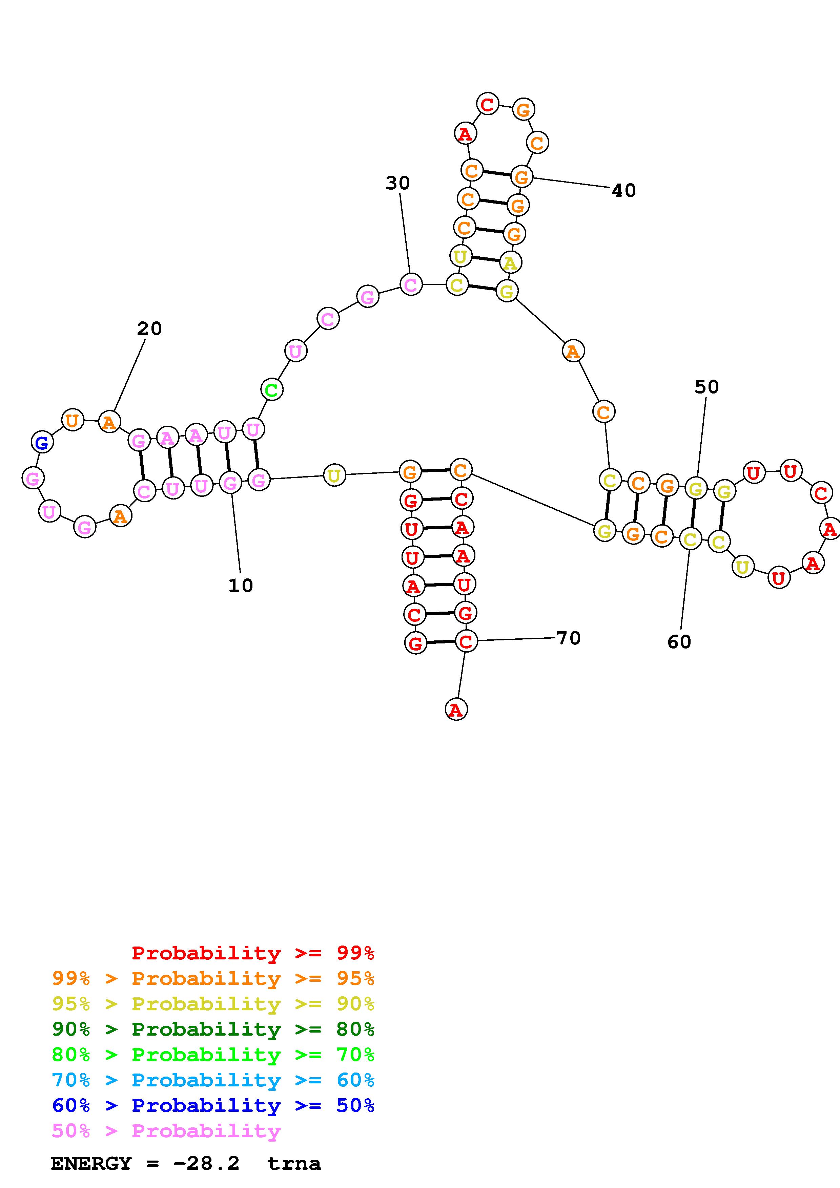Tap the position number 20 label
[x=149, y=328]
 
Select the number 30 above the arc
[x=397, y=183]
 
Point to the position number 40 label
[x=624, y=190]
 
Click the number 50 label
[x=706, y=387]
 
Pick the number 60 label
[x=679, y=642]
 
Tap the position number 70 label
[x=568, y=638]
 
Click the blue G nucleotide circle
[x=42, y=442]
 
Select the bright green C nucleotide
[x=271, y=389]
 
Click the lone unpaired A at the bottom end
[x=456, y=709]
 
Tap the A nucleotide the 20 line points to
[x=109, y=422]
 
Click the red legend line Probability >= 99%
[x=253, y=953]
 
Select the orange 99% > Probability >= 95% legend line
[x=213, y=978]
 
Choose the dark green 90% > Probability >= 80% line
[x=213, y=1029]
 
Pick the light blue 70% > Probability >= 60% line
[x=213, y=1080]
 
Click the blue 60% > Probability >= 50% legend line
[x=213, y=1105]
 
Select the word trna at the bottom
[x=294, y=1164]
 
